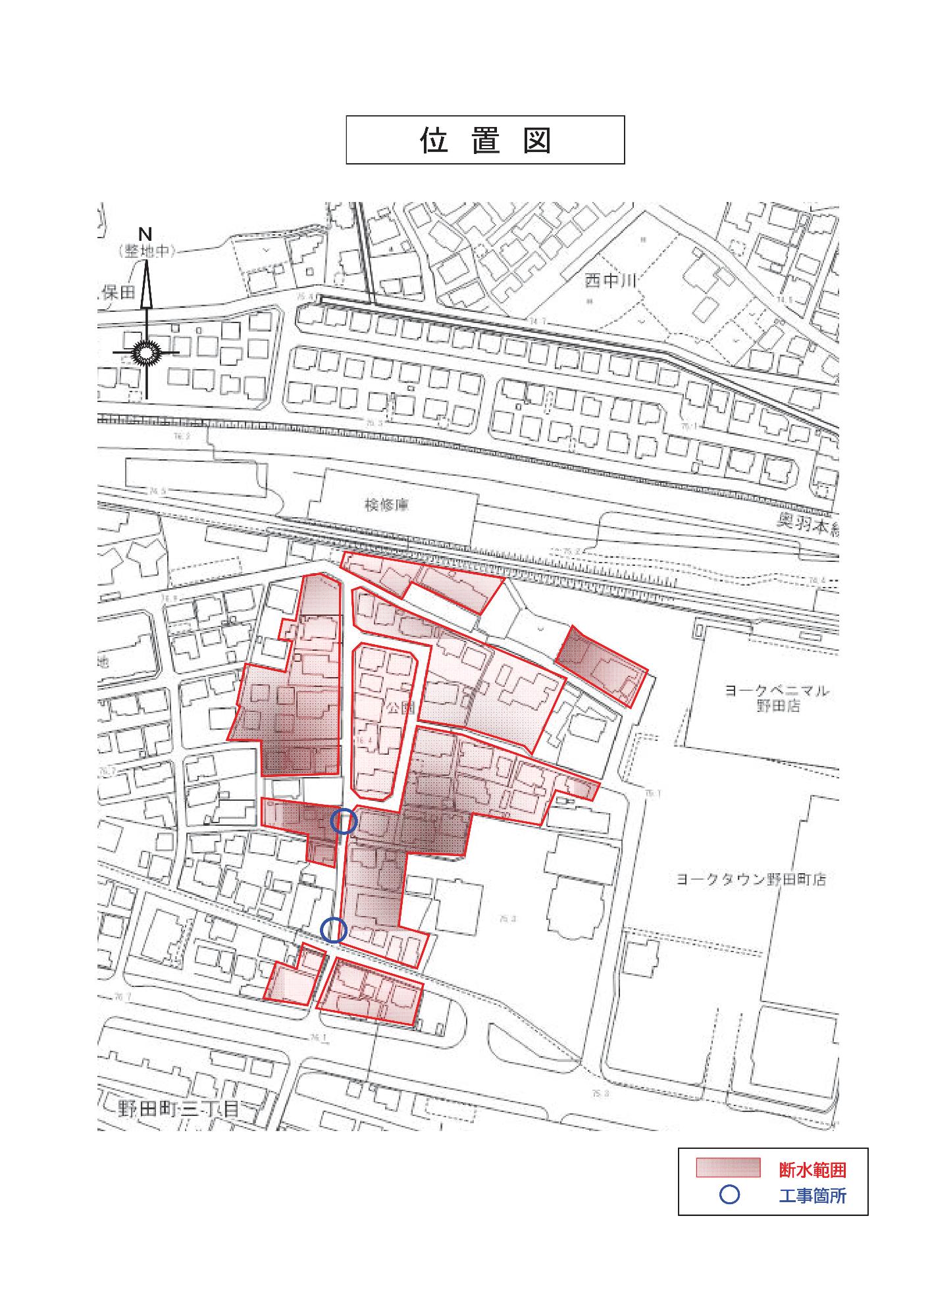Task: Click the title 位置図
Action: tap(485, 140)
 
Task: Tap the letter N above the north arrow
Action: tap(145, 234)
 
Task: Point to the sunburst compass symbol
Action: tap(146, 353)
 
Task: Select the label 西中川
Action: tap(611, 282)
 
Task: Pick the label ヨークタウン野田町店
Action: tap(750, 879)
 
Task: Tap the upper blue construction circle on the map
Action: tap(344, 822)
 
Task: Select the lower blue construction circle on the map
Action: tap(334, 930)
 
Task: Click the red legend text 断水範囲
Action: tap(812, 1170)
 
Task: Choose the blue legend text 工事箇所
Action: tap(812, 1196)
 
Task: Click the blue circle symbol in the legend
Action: tap(729, 1195)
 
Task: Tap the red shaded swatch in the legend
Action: tap(729, 1168)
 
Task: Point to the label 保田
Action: tap(118, 293)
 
